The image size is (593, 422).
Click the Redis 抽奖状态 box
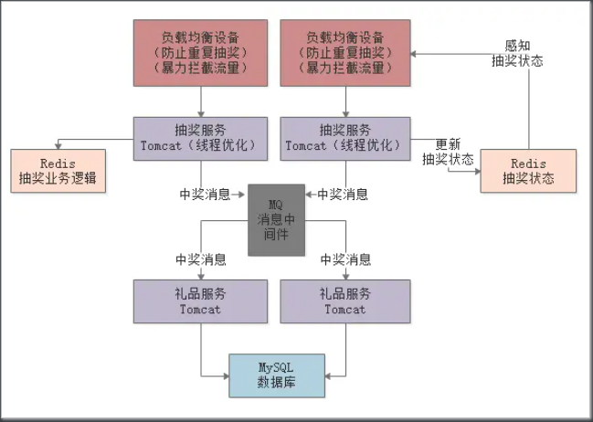pos(529,170)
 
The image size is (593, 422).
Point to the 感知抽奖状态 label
pos(517,53)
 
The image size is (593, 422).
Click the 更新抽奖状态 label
pos(447,151)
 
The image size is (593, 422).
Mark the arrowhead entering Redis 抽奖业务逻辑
pos(59,142)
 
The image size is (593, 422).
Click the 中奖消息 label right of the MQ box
pos(344,194)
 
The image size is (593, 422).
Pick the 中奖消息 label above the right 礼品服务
pos(345,258)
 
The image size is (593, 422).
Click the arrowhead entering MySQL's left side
pos(224,374)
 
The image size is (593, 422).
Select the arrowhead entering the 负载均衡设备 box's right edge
pos(414,53)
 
